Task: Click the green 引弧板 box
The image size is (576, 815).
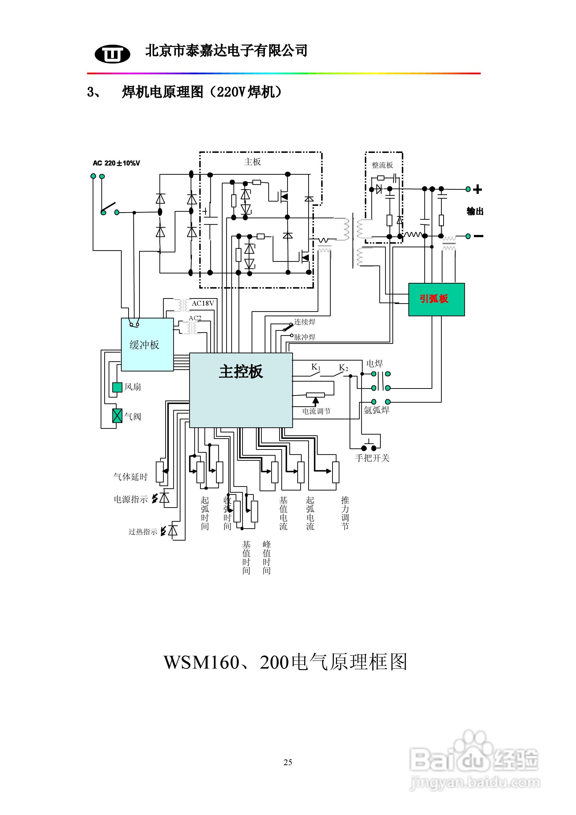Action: (436, 299)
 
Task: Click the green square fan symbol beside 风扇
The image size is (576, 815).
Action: (117, 387)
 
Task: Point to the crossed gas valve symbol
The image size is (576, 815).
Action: (117, 416)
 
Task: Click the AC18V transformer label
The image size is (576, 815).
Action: (203, 303)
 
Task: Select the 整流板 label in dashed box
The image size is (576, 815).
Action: (382, 165)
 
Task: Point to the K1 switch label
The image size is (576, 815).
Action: (315, 367)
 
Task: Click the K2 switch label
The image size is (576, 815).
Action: (343, 368)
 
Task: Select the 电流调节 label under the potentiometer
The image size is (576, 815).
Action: (316, 411)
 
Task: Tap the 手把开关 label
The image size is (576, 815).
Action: (372, 458)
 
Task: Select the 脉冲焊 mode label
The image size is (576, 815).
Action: (305, 337)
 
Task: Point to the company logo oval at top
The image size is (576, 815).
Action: (112, 54)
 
